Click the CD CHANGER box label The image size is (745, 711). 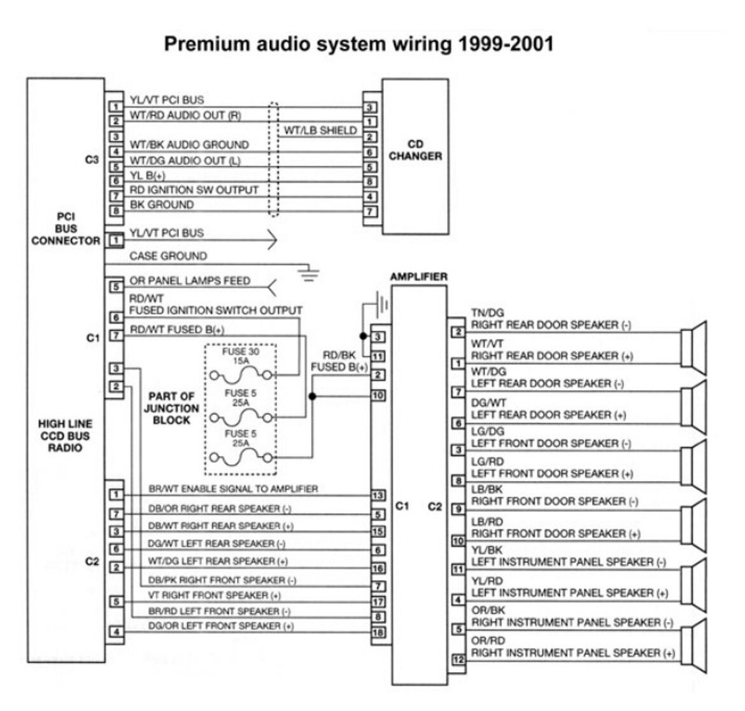(415, 150)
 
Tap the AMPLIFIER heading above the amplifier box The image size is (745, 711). (418, 277)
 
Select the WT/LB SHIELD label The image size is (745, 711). (320, 130)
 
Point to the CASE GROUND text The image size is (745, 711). (168, 256)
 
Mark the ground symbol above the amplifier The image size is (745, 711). (381, 304)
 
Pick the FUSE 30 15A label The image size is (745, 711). (240, 356)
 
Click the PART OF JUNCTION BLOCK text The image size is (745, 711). (171, 408)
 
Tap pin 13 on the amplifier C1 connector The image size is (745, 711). (378, 495)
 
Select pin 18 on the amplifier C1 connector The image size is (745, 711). (378, 633)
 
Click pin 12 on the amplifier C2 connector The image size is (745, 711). (458, 660)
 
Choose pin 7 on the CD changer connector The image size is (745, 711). (370, 212)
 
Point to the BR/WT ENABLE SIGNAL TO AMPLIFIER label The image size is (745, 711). (233, 489)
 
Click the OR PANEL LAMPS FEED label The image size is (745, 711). (190, 281)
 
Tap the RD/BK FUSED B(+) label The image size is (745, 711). (339, 362)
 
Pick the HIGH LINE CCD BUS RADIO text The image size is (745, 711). (65, 435)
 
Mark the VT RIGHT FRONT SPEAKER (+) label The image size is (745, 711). (214, 595)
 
